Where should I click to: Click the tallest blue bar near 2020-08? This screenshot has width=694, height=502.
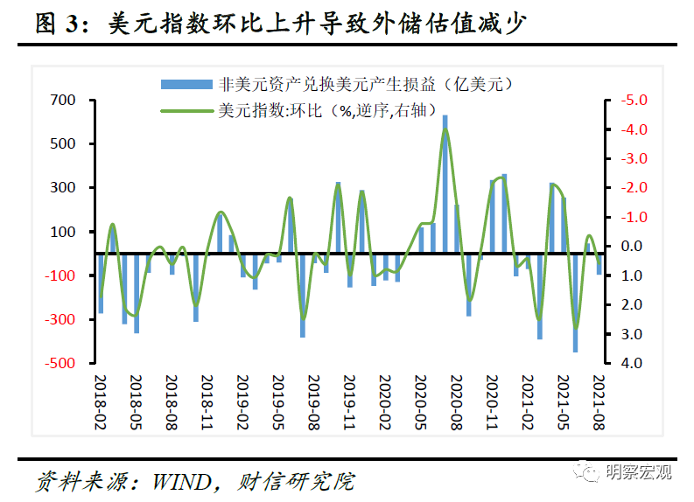coord(445,184)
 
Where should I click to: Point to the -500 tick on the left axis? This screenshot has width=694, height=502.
coord(62,363)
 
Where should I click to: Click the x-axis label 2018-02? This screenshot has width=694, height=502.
coord(101,401)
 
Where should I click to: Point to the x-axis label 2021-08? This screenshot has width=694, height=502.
coord(599,401)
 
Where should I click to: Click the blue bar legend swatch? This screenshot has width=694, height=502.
coord(186,84)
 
